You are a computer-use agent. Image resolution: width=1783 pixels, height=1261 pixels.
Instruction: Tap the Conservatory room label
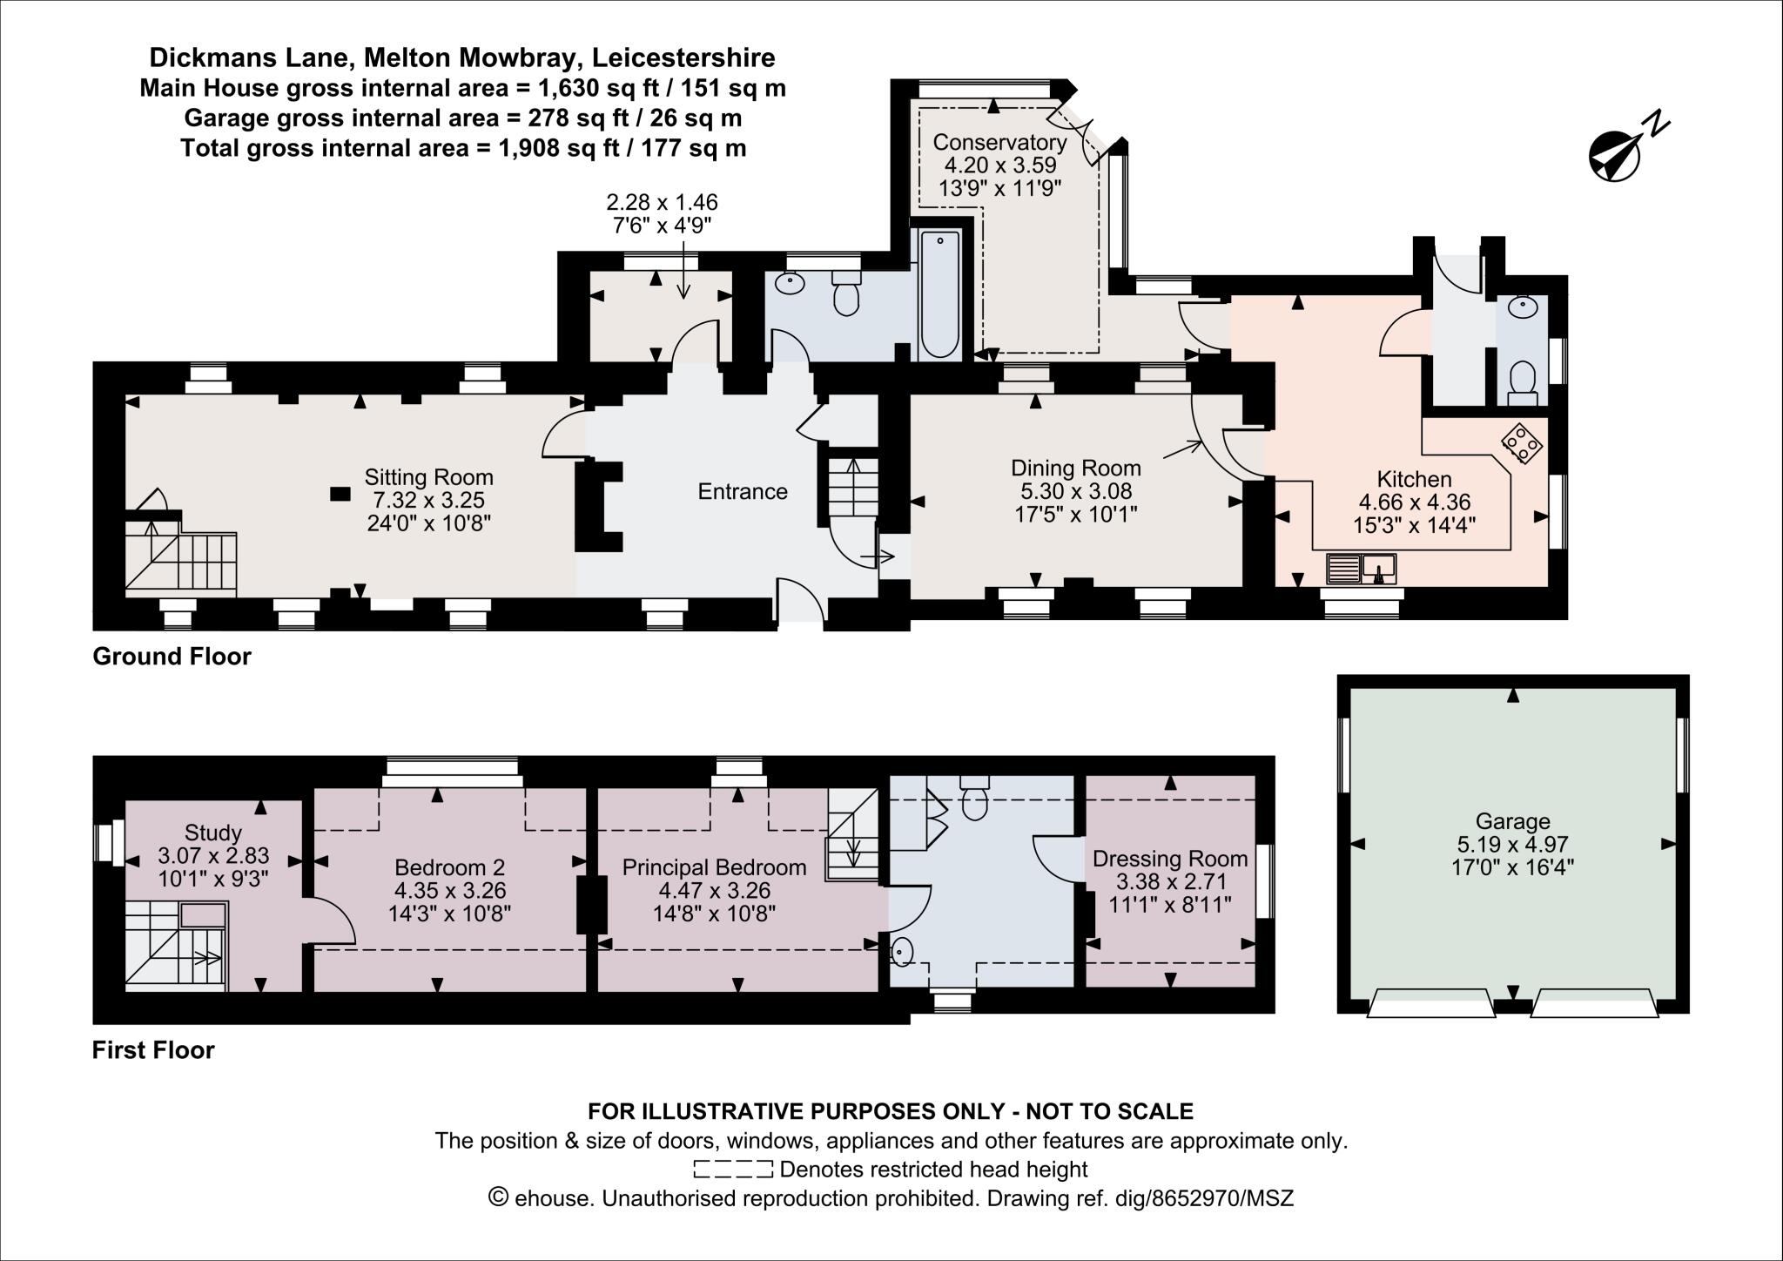[999, 142]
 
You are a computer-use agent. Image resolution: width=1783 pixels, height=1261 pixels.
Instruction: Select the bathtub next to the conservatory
[939, 294]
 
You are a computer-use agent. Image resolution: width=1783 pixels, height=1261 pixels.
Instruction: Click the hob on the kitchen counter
[1522, 444]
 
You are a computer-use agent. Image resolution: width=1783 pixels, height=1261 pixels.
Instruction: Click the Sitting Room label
[428, 477]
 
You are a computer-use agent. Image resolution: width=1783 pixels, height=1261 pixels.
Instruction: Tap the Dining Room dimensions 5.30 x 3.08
[1076, 491]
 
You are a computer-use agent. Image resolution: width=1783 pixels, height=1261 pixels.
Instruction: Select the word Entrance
[743, 492]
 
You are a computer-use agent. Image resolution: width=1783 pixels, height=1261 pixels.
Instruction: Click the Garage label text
[1513, 820]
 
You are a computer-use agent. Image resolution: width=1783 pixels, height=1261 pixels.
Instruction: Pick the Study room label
[213, 833]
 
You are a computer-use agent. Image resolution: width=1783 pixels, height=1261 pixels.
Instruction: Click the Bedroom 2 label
[449, 867]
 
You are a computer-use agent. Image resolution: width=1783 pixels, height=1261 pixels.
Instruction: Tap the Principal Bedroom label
[714, 867]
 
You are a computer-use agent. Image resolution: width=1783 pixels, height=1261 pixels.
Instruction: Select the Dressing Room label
[1170, 859]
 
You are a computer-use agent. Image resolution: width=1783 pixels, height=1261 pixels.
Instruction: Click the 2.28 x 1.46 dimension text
[662, 202]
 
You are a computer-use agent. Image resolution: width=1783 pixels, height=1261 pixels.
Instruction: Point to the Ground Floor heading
[172, 657]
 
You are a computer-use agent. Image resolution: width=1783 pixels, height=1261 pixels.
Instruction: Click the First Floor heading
[153, 1050]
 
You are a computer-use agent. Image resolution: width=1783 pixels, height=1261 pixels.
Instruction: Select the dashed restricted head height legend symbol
[732, 1169]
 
